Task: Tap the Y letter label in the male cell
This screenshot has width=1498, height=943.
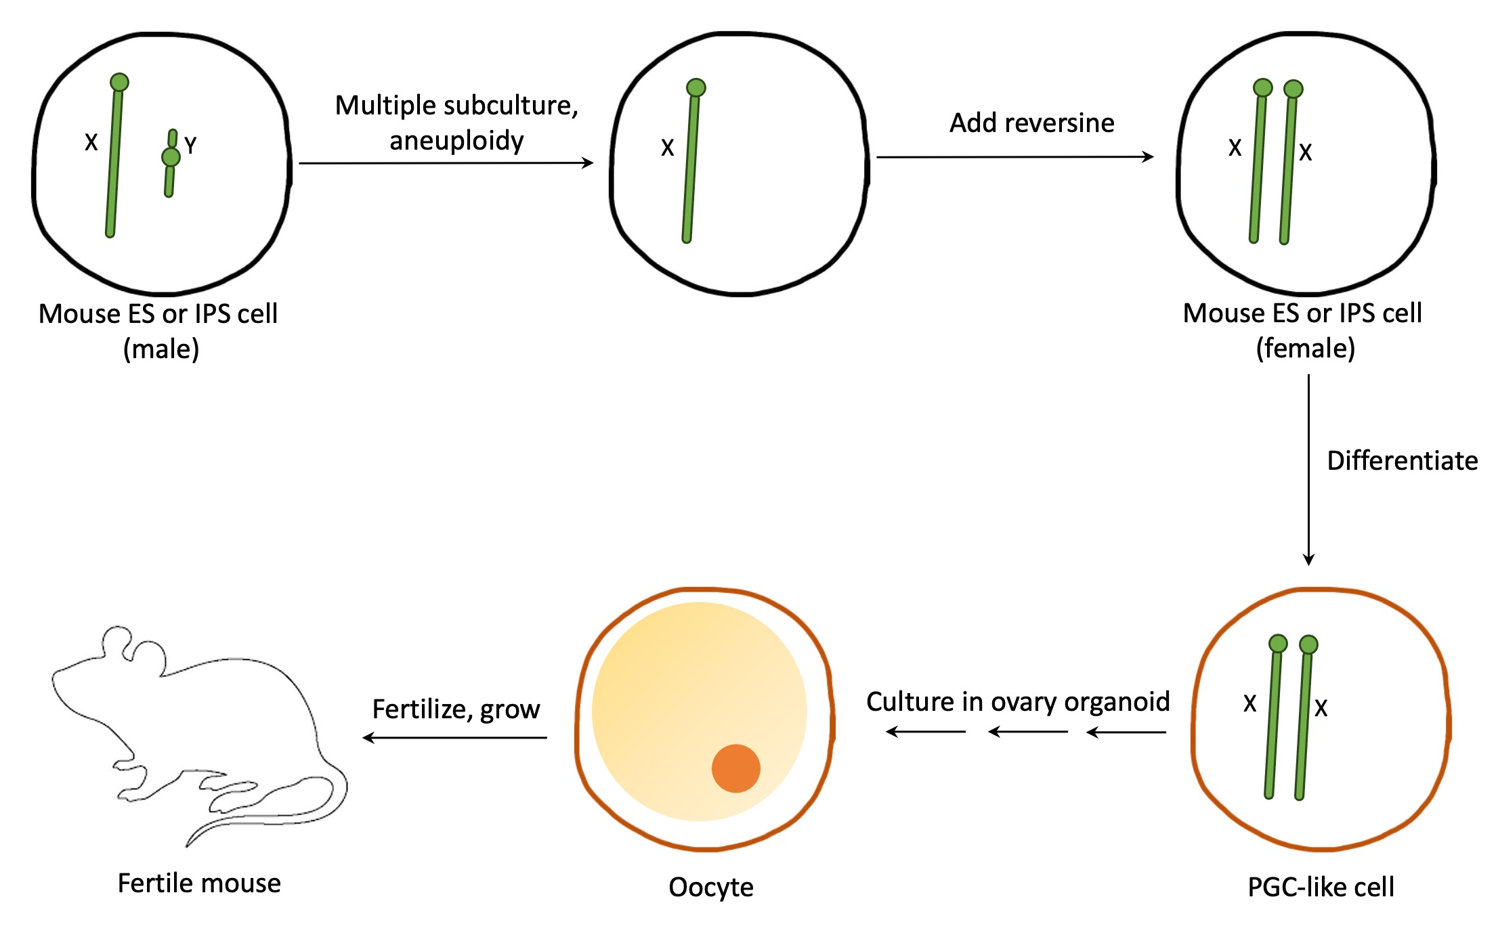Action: tap(190, 146)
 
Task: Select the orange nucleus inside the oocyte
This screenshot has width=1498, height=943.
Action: tap(735, 768)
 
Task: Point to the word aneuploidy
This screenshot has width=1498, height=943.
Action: tap(456, 141)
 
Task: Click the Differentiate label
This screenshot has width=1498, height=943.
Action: tap(1402, 461)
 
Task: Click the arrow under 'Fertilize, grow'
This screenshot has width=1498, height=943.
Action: tap(455, 737)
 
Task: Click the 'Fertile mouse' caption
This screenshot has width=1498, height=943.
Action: tap(199, 883)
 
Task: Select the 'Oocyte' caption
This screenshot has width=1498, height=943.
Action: tap(711, 887)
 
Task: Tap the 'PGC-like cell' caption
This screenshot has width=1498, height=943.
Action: tap(1321, 887)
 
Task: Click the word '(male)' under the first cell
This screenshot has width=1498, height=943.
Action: tap(161, 349)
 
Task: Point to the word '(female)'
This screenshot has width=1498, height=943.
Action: tap(1305, 349)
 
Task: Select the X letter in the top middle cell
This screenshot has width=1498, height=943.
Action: tap(668, 148)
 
